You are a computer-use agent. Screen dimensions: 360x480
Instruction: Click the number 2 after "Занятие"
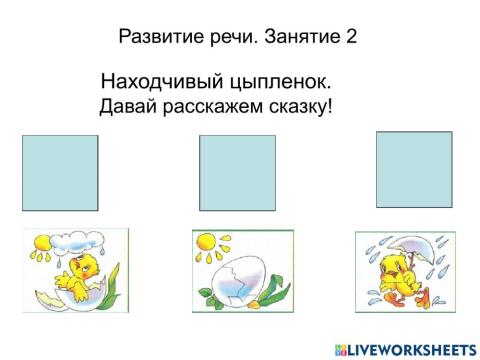351,37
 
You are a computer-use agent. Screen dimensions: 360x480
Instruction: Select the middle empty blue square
237,174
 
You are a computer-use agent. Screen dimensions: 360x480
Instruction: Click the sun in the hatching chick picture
44,241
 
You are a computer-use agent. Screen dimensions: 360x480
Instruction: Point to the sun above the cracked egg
210,243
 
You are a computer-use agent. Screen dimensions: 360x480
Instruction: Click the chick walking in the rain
408,275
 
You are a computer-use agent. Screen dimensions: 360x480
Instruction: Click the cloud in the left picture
84,241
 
